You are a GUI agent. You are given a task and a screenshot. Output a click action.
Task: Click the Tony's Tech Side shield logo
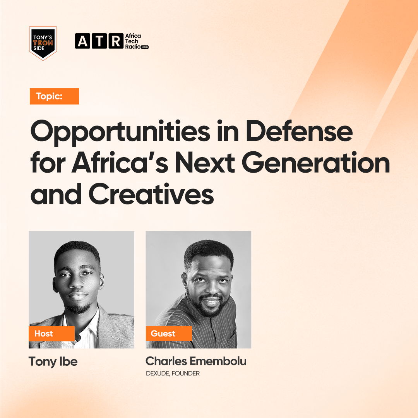[x=43, y=43]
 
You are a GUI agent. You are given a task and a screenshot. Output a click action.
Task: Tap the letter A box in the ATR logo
[x=82, y=41]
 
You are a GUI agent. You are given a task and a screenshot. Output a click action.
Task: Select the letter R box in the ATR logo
[x=116, y=41]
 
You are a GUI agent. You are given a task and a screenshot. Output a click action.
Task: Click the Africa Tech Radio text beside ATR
[x=137, y=41]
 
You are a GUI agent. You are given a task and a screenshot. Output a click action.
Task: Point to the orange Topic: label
[x=54, y=96]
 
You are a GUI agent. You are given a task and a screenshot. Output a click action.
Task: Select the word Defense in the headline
[x=299, y=131]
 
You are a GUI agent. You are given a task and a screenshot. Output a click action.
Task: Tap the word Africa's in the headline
[x=120, y=162]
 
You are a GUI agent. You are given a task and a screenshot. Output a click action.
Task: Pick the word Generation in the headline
[x=316, y=162]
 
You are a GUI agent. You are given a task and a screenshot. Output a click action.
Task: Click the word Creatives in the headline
[x=151, y=194]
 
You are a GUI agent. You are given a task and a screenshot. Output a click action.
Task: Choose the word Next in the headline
[x=205, y=162]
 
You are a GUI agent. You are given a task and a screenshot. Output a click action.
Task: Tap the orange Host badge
[x=51, y=334]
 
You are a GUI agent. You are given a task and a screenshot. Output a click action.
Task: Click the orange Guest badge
[x=169, y=334]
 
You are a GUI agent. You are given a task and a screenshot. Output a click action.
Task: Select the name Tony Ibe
[x=53, y=362]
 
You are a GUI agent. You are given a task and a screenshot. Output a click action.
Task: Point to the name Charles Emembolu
[x=196, y=361]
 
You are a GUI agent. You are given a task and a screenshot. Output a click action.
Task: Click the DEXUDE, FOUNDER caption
[x=173, y=373]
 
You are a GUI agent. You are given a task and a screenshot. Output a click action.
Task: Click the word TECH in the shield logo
[x=43, y=43]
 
